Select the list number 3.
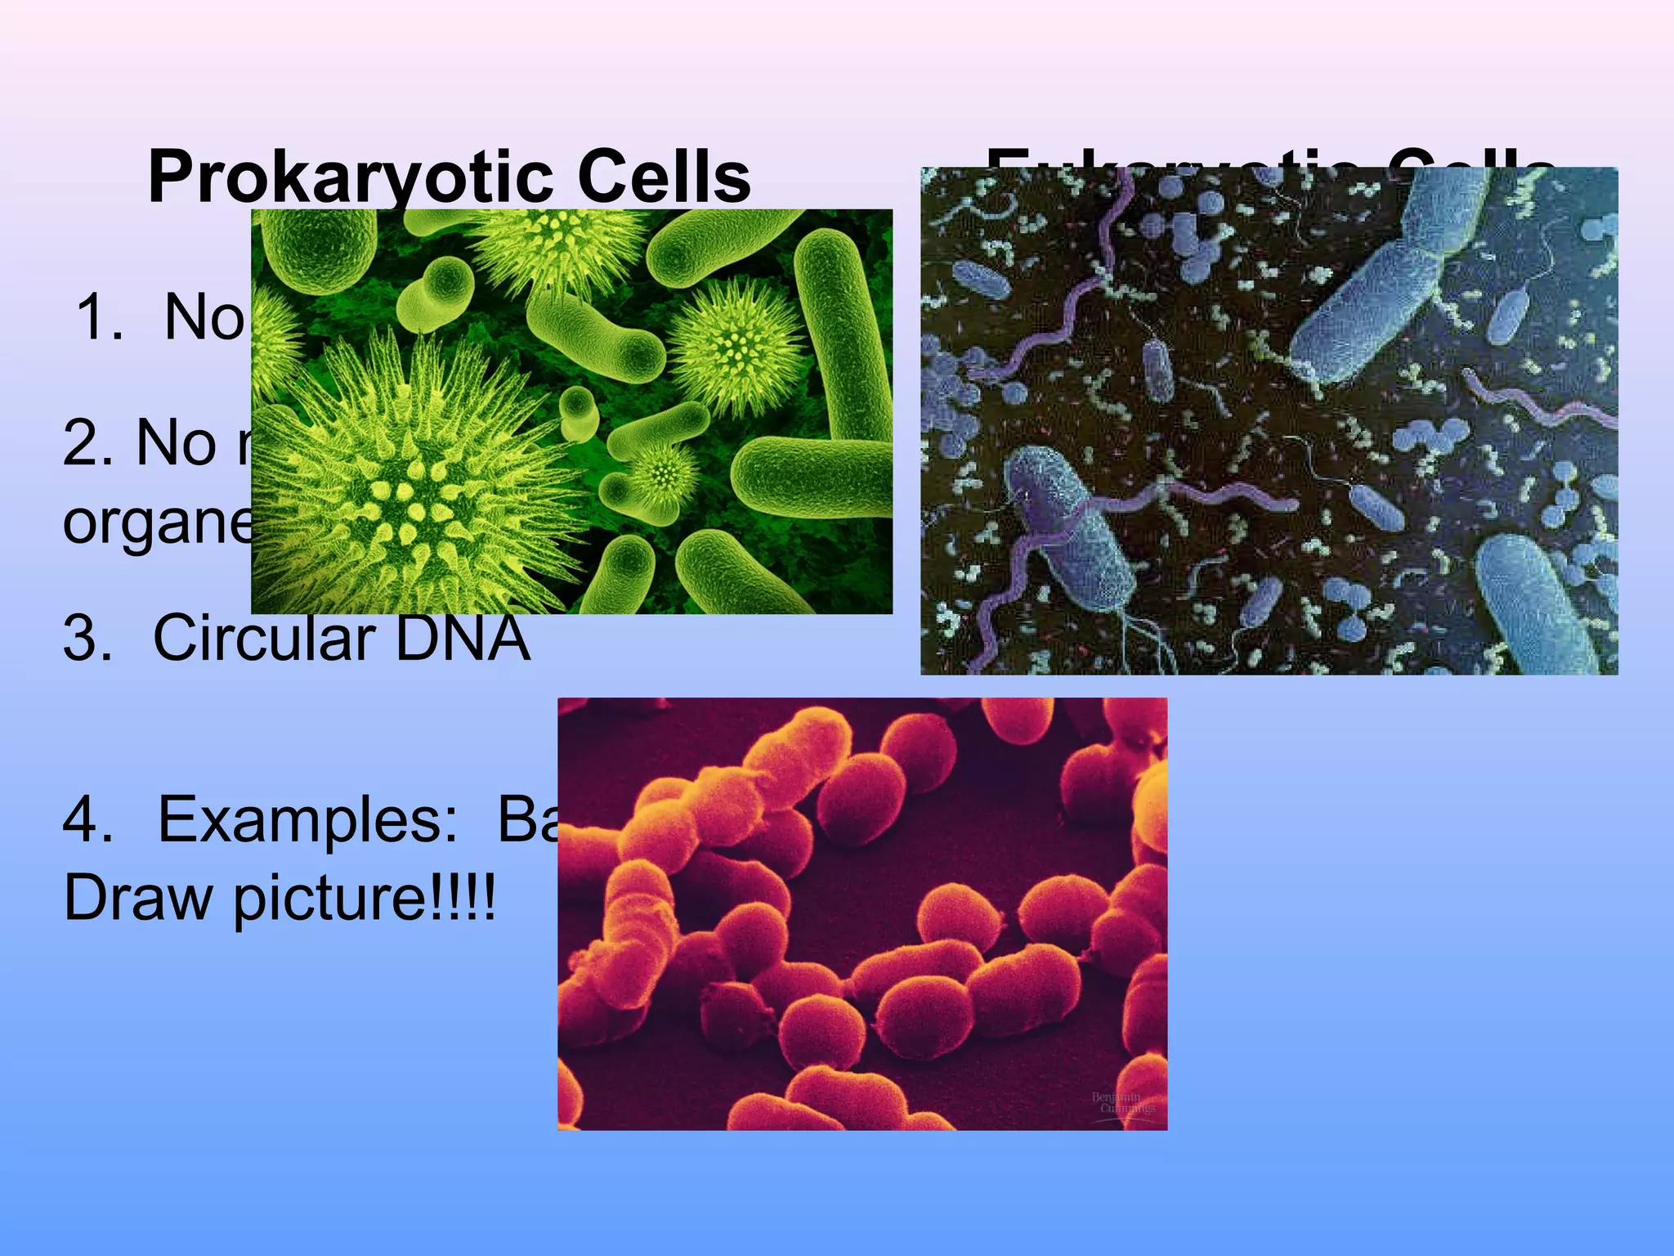click(87, 639)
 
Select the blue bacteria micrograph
click(1269, 420)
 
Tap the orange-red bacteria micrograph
click(862, 913)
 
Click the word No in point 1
click(204, 318)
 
